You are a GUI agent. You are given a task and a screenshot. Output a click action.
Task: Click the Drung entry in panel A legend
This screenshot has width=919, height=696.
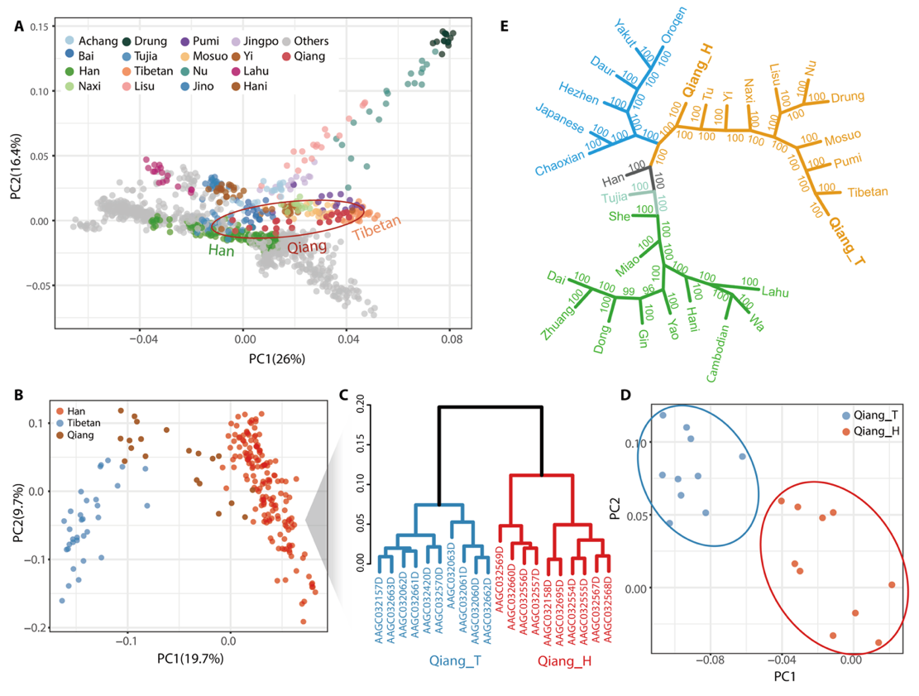(150, 41)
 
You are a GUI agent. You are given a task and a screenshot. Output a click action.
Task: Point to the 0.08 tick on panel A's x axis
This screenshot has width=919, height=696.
(451, 338)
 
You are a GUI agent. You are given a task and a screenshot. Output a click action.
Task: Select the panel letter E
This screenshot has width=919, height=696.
(506, 25)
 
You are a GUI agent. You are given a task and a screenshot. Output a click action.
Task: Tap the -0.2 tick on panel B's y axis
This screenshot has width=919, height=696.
(36, 628)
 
